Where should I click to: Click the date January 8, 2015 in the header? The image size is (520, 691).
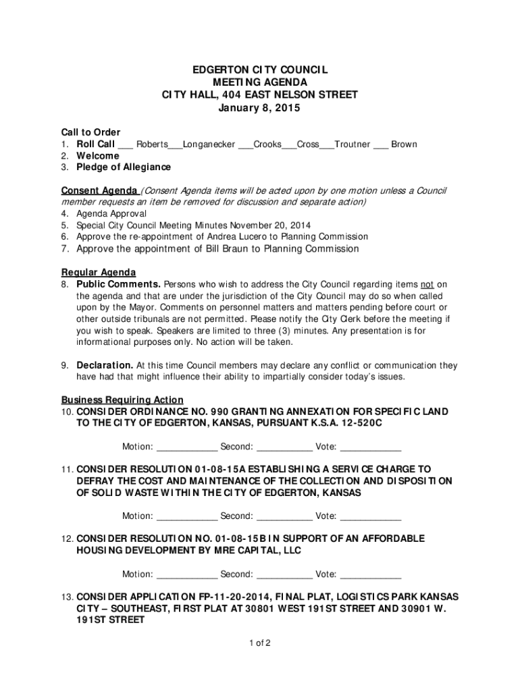click(x=259, y=108)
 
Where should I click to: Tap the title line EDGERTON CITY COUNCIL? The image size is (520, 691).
click(x=259, y=70)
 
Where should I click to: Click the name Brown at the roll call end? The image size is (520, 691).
click(x=404, y=144)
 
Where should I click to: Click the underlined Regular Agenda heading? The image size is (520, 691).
click(x=99, y=273)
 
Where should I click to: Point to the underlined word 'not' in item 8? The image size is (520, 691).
click(x=427, y=285)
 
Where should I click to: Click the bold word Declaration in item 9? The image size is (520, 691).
click(x=104, y=366)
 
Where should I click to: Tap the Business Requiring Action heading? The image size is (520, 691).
click(x=122, y=400)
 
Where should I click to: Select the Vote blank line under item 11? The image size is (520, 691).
click(x=371, y=517)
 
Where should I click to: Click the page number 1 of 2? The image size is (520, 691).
click(x=259, y=643)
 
